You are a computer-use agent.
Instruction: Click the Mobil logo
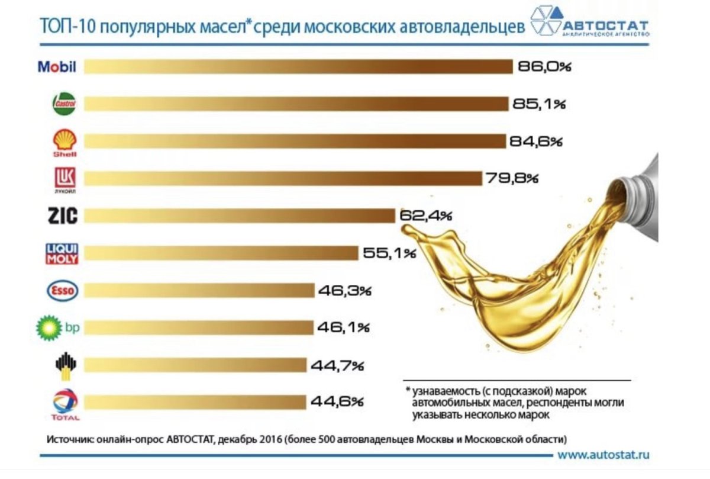[x=57, y=66]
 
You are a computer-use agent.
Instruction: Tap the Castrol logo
[x=64, y=104]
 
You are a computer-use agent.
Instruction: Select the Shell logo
[x=64, y=143]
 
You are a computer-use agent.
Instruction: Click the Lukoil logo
[x=64, y=179]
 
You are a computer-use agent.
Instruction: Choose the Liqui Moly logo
[x=62, y=253]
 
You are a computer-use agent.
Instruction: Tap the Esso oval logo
[x=62, y=291]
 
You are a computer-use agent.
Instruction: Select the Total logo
[x=65, y=404]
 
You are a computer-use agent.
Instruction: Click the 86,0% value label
[x=544, y=66]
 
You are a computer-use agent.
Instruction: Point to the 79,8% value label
[x=512, y=178]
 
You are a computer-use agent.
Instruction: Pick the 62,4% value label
[x=426, y=216]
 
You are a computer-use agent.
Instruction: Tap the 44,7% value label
[x=336, y=365]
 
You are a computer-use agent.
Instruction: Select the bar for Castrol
[x=296, y=104]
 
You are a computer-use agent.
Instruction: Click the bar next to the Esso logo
[x=198, y=291]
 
